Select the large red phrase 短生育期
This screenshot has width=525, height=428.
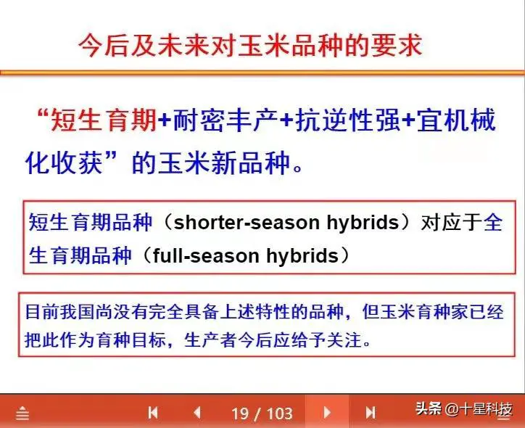(104, 120)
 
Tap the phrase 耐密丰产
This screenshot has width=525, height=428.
(226, 120)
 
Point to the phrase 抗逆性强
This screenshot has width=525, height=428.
(347, 120)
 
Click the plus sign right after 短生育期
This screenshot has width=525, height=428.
(165, 120)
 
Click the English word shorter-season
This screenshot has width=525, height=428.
(247, 223)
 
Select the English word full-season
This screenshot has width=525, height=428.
(206, 256)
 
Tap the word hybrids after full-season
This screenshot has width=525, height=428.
(302, 256)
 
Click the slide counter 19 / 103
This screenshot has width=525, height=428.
(262, 413)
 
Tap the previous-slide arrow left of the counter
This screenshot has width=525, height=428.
(197, 413)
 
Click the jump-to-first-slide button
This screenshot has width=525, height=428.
(153, 413)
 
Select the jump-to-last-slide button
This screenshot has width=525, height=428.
(371, 413)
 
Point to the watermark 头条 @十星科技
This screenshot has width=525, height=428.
(464, 409)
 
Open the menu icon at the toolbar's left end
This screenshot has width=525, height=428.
(22, 413)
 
